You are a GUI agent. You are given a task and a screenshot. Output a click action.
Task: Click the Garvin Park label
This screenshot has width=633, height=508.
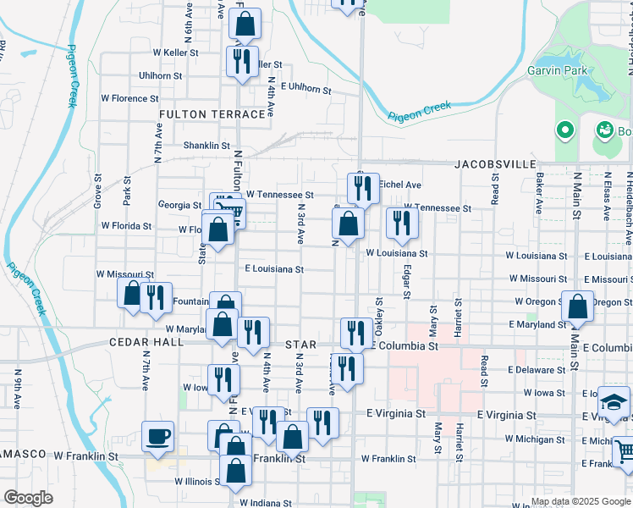click(559, 70)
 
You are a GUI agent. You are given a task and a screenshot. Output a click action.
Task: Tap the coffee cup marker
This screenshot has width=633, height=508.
click(158, 437)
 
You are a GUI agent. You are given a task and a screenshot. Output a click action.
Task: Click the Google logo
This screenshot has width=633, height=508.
click(28, 498)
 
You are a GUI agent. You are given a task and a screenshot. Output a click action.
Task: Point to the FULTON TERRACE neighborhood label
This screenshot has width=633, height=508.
click(212, 114)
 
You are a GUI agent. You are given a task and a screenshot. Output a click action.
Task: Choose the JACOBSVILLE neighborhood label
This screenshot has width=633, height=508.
click(496, 163)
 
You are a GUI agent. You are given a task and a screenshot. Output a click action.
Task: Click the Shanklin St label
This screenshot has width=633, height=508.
click(207, 146)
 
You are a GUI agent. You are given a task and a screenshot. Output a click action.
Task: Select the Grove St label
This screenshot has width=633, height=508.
click(98, 192)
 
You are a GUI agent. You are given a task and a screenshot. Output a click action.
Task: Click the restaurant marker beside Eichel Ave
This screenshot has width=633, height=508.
click(363, 188)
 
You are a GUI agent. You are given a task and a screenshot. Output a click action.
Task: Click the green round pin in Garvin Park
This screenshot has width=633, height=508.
click(564, 130)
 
